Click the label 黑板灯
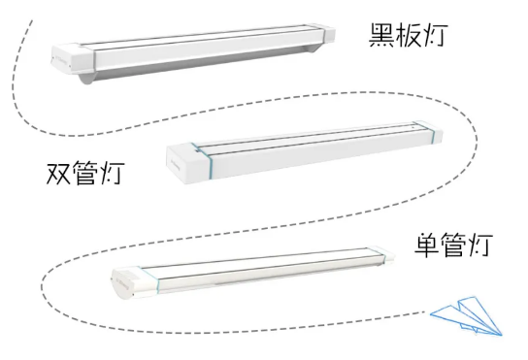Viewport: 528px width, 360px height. tap(405, 37)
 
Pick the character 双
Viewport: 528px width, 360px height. tap(62, 175)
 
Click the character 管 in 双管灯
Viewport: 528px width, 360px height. tap(91, 175)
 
